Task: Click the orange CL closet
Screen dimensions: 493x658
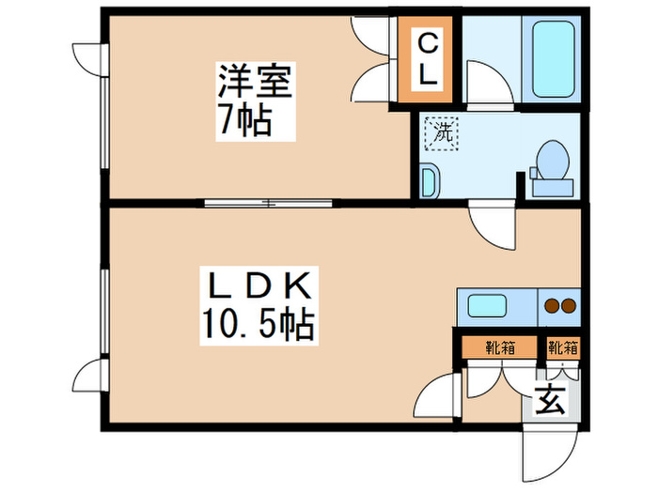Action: click(x=427, y=59)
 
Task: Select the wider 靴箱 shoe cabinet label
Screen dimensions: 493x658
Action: click(x=499, y=347)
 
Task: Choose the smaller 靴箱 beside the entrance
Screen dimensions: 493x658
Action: click(x=563, y=347)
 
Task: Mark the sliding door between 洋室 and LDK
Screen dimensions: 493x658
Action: click(x=268, y=201)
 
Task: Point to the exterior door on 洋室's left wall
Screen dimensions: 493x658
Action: click(x=88, y=59)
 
